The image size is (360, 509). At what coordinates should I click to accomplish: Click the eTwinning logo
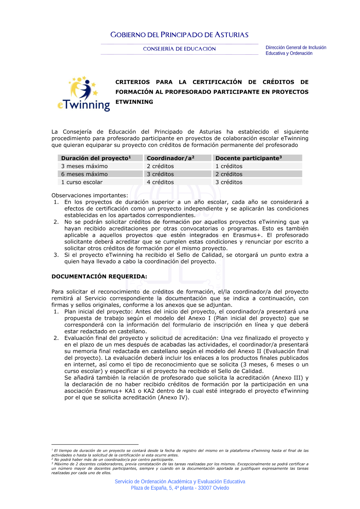click(x=84, y=94)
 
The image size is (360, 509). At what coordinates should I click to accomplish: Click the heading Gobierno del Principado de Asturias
click(x=179, y=35)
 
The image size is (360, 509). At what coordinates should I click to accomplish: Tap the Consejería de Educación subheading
click(x=179, y=49)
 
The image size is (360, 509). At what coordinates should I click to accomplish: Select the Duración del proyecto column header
click(x=96, y=158)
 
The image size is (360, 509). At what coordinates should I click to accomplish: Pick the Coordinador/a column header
click(x=170, y=158)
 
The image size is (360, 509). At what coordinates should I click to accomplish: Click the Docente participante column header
click(x=248, y=158)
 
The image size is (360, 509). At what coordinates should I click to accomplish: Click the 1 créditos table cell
click(x=229, y=166)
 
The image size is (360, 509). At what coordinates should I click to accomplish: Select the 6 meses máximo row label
click(x=84, y=174)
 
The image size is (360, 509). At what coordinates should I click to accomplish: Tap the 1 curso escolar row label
click(x=82, y=182)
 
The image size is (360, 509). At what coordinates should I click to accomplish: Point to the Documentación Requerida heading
click(x=99, y=276)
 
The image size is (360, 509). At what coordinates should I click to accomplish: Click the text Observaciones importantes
click(x=90, y=195)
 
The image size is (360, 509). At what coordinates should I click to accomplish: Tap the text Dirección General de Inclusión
click(x=296, y=48)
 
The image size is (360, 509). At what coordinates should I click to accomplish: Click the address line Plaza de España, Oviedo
click(x=180, y=488)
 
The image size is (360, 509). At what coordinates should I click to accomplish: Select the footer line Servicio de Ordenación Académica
click(x=180, y=482)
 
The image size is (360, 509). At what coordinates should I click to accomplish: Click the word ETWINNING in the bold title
click(x=134, y=102)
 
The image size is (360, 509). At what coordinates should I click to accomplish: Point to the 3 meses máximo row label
click(x=84, y=166)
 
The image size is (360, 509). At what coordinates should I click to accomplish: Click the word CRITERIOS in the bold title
click(x=132, y=82)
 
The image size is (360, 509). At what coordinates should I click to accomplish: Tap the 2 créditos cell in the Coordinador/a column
click(x=160, y=166)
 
